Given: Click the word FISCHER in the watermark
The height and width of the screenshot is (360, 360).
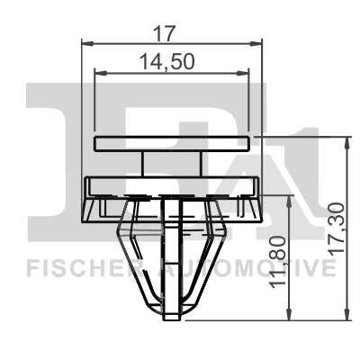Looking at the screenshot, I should (x=75, y=266).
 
